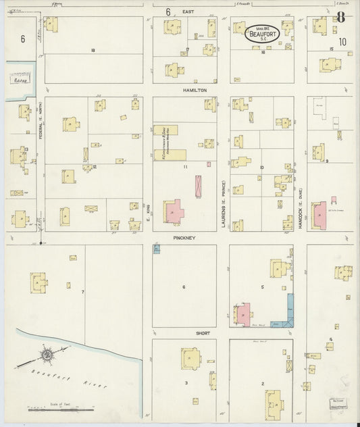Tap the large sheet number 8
click(342, 18)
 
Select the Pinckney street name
click(184, 238)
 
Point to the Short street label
click(184, 333)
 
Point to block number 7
click(82, 292)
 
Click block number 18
click(93, 51)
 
